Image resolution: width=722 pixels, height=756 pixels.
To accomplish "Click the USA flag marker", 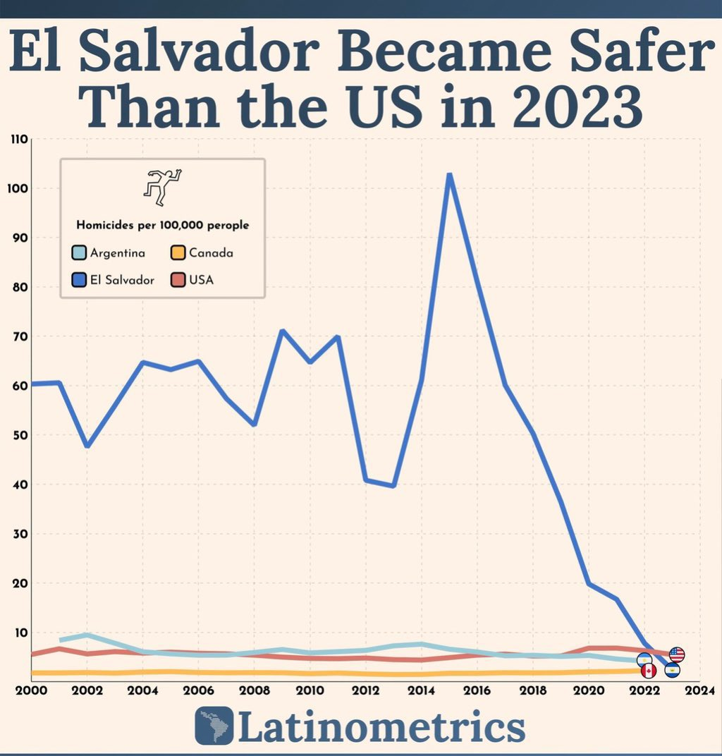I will click(x=677, y=654).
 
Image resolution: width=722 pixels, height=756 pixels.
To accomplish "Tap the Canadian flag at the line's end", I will click(x=648, y=671).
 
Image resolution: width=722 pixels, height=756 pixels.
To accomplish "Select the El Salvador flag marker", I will click(x=672, y=670).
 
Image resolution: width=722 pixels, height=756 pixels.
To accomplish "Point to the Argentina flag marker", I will click(x=644, y=660).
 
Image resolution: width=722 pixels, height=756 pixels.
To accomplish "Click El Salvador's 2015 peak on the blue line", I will click(x=449, y=174).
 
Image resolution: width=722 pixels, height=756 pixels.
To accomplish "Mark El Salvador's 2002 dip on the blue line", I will click(x=87, y=446).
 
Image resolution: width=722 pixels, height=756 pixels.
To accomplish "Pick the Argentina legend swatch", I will click(x=79, y=252).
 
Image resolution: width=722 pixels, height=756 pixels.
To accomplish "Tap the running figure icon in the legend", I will click(x=162, y=186).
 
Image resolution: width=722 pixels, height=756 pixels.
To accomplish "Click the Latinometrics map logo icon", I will click(x=214, y=725).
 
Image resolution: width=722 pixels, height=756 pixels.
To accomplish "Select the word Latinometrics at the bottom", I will click(x=381, y=726).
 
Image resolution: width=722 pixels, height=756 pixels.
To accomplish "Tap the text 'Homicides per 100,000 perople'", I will click(x=162, y=226).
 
